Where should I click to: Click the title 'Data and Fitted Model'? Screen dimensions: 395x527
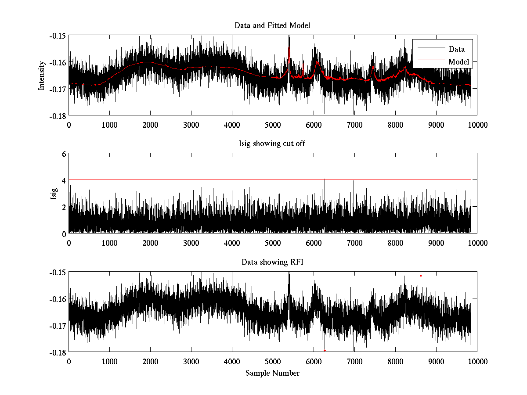[x=272, y=25]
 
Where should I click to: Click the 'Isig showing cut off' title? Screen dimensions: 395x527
[x=272, y=144]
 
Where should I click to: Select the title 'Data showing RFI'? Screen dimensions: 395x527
[x=272, y=262]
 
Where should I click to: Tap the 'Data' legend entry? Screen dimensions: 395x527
[x=456, y=49]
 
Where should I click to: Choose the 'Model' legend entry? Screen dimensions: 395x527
[x=458, y=62]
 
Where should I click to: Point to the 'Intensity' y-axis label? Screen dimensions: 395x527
[x=42, y=75]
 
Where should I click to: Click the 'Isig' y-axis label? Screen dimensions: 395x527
[x=54, y=194]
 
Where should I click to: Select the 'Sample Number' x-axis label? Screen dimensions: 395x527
[x=272, y=373]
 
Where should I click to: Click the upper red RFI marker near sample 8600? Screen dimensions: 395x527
[x=421, y=276]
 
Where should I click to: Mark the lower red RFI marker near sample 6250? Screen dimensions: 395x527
[x=325, y=350]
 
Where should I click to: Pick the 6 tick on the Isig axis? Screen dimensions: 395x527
[x=64, y=154]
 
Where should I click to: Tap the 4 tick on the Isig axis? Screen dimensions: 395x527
[x=64, y=180]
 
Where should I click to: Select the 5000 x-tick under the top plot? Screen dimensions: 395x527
[x=273, y=125]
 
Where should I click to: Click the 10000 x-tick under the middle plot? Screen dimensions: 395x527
[x=477, y=243]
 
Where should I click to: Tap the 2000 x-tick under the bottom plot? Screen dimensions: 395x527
[x=150, y=362]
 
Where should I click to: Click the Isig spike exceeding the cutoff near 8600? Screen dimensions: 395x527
[x=421, y=177]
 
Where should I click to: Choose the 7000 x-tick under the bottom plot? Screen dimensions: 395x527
[x=354, y=362]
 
